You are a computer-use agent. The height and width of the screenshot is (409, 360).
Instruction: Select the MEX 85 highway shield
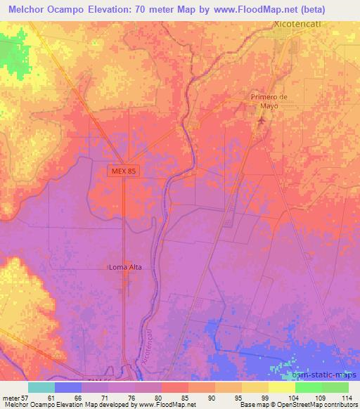[122, 171]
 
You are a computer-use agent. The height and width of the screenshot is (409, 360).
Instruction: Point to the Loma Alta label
[126, 267]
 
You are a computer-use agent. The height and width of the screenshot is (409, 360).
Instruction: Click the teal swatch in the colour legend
[41, 387]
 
